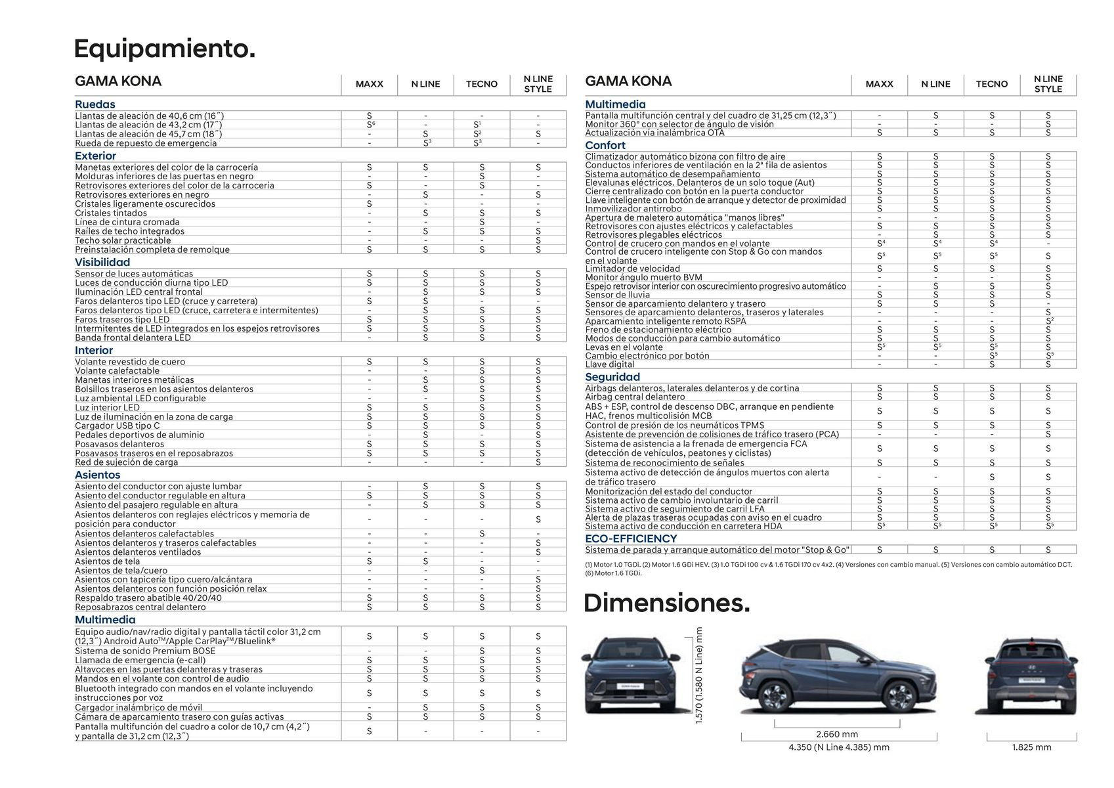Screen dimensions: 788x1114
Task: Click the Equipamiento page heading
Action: pos(164,49)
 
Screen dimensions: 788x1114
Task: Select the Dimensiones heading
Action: pos(666,603)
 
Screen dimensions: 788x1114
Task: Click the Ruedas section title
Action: pos(95,104)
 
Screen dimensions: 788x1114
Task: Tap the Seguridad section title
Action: pos(612,377)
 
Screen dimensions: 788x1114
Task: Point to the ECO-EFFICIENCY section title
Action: pos(631,538)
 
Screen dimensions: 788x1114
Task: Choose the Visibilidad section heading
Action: pos(102,262)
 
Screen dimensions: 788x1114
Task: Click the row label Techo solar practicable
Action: pos(123,240)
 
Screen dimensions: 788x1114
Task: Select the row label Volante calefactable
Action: pos(117,370)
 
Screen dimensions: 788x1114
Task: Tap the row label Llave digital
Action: pos(610,364)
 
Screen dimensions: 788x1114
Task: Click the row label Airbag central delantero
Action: pos(635,397)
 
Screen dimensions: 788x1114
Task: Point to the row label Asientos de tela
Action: pos(107,561)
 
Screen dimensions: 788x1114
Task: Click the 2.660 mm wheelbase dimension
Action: pos(837,734)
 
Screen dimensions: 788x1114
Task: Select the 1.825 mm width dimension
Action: pos(1031,747)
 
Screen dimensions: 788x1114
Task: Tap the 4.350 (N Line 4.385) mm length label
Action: pos(839,747)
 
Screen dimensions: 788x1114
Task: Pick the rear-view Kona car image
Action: pos(1029,676)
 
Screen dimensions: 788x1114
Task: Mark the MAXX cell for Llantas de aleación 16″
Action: pos(369,116)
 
